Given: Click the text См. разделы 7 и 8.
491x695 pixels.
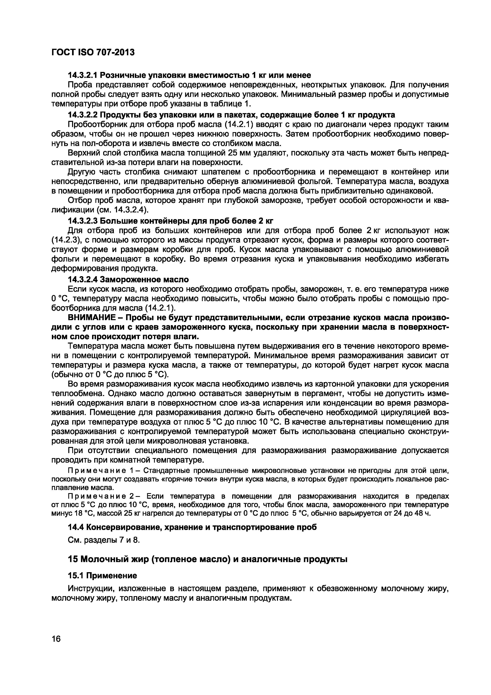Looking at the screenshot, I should click(x=104, y=540).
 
